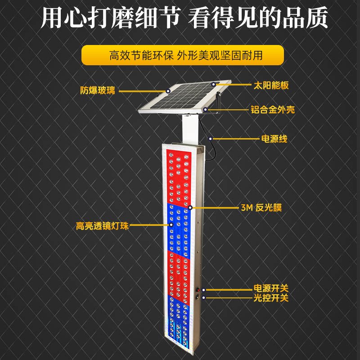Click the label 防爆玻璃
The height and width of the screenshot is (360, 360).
98,90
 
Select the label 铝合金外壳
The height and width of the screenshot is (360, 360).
273,109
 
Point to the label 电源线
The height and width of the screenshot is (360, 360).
274,139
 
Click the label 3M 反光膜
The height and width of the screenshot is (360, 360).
261,207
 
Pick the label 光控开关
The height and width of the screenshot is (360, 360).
270,298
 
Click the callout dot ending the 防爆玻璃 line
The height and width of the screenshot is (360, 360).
168,90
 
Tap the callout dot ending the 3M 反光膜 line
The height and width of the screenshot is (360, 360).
191,207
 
